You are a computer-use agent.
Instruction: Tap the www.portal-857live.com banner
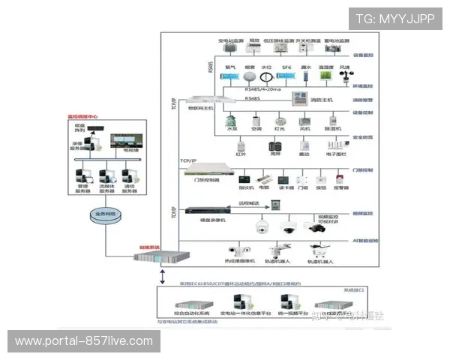(x=83, y=341)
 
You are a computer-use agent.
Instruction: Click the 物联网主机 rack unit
(x=200, y=100)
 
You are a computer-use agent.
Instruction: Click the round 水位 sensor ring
(x=265, y=76)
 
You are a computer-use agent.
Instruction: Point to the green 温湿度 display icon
(x=325, y=76)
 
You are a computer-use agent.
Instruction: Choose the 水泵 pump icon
(x=232, y=120)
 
